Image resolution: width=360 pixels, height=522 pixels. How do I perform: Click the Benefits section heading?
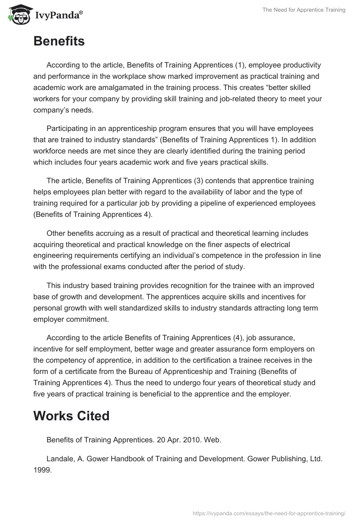coord(59,41)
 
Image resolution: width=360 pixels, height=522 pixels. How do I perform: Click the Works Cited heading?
coord(71,416)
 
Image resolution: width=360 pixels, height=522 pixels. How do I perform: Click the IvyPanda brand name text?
coord(58,15)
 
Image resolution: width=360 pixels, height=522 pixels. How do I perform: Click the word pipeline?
coord(213,203)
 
